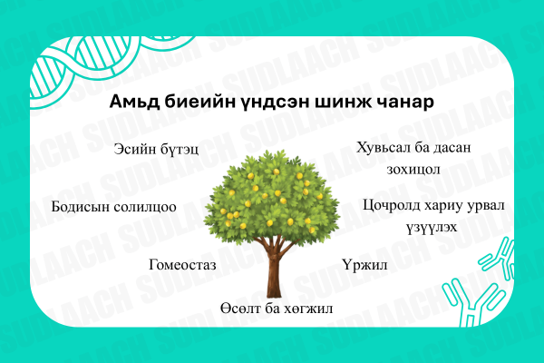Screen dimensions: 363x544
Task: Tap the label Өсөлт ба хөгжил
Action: click(277, 309)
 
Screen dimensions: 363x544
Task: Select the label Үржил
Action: click(365, 264)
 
